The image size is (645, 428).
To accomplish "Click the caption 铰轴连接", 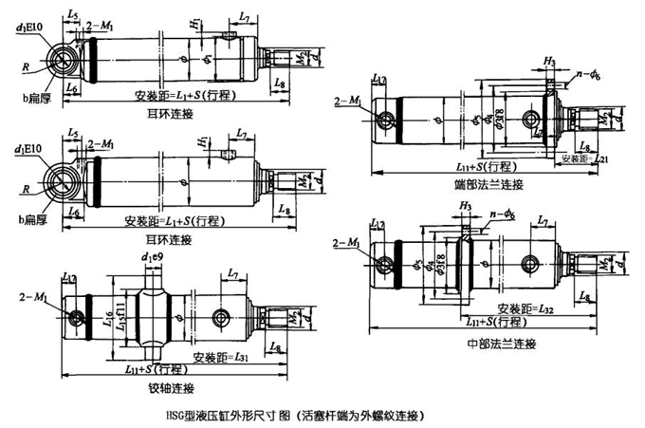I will [171, 388].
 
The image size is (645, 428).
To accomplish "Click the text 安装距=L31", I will [220, 358].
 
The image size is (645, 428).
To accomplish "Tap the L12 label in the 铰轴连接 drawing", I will [69, 276].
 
